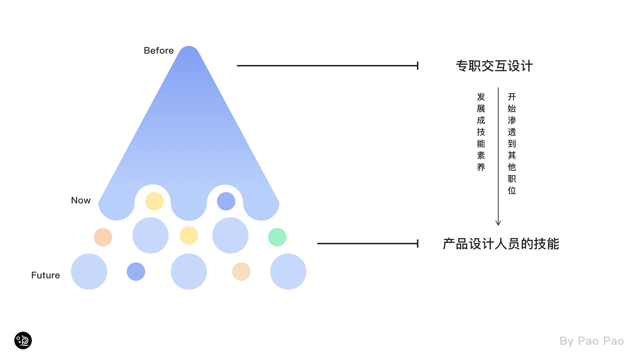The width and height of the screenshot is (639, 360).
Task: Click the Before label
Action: (x=159, y=51)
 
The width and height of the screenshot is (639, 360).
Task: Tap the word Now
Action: (x=81, y=201)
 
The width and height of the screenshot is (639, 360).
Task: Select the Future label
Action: (x=45, y=276)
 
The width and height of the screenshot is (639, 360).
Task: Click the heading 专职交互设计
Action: (x=494, y=66)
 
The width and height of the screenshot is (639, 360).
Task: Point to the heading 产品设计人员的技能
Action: (x=501, y=244)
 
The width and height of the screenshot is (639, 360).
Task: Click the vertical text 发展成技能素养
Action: (x=481, y=132)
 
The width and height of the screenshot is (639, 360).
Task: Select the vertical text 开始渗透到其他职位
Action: (x=512, y=143)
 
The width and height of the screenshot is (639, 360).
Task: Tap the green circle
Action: (x=277, y=237)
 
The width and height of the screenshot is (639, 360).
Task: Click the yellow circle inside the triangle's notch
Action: (x=154, y=201)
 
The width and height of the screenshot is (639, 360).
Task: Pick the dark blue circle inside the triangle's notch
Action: (x=226, y=201)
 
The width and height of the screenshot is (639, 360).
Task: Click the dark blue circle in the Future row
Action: (x=136, y=272)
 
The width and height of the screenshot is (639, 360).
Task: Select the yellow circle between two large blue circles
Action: (x=189, y=235)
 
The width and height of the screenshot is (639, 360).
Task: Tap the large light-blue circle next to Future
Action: (x=89, y=272)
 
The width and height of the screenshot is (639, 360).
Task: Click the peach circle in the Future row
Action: (x=241, y=272)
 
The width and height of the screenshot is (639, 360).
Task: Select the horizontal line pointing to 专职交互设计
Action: (x=327, y=66)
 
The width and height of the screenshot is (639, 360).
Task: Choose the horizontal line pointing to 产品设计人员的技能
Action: (x=367, y=244)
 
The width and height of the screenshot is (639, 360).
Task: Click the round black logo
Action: (x=23, y=340)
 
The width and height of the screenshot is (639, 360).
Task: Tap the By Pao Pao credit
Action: (x=591, y=341)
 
